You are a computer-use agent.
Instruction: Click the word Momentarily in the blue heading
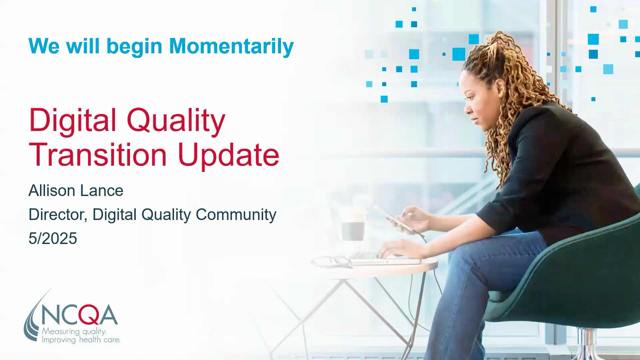click(x=231, y=46)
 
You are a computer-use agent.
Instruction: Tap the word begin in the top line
click(x=134, y=47)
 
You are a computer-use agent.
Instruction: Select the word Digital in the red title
click(x=73, y=120)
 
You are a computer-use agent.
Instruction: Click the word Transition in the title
click(x=98, y=155)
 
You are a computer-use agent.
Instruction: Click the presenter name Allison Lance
click(x=76, y=191)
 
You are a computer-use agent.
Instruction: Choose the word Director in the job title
click(x=58, y=215)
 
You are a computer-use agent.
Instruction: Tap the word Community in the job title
click(x=236, y=215)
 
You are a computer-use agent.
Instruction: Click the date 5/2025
click(x=53, y=238)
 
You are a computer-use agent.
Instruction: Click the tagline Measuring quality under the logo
click(x=74, y=331)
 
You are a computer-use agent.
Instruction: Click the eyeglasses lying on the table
click(x=332, y=262)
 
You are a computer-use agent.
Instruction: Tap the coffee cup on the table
click(x=353, y=224)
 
